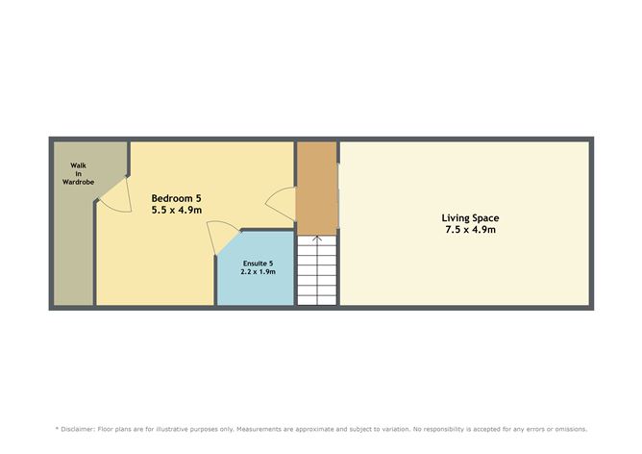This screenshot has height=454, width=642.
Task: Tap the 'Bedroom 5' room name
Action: (x=176, y=197)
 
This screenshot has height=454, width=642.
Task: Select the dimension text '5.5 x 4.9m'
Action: (x=176, y=210)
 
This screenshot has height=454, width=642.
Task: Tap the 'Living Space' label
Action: (x=469, y=217)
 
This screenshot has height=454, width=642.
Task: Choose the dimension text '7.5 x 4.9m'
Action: (x=469, y=230)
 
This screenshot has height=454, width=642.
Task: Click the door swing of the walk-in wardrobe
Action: (x=112, y=196)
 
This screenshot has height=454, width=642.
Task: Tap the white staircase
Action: (x=316, y=271)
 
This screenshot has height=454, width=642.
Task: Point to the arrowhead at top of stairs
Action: (x=316, y=238)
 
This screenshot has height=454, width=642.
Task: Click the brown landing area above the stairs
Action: (x=316, y=188)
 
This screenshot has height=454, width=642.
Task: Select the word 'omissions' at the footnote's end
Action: (x=566, y=429)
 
